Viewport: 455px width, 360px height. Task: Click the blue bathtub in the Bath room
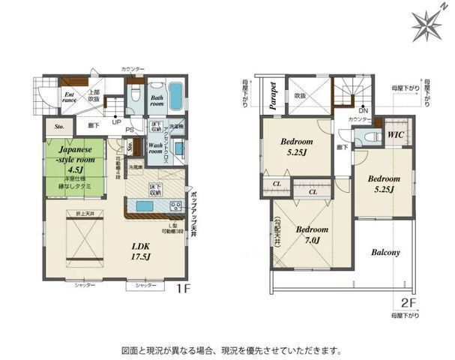point(175,96)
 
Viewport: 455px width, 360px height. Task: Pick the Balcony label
point(385,253)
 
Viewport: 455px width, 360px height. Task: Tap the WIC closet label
point(395,136)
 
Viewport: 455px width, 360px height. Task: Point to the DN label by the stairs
point(363,110)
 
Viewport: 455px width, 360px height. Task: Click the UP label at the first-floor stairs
point(116,121)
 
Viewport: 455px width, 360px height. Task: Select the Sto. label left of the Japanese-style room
point(59,127)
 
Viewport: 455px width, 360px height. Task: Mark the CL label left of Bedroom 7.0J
point(277,184)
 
